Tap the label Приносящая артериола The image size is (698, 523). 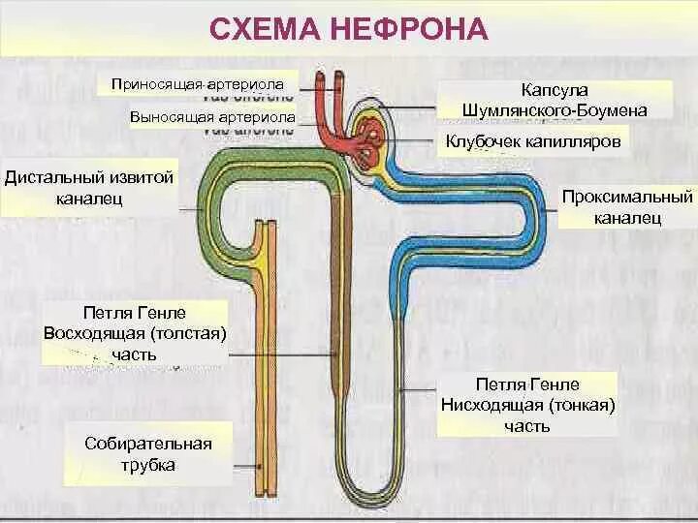coord(203,84)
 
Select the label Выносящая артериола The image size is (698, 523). coord(212,117)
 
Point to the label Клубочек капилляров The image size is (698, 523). coord(532,141)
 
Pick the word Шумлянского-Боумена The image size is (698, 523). coord(556,110)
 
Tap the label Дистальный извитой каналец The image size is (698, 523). coord(89,188)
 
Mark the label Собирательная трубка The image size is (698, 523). coord(148,454)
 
